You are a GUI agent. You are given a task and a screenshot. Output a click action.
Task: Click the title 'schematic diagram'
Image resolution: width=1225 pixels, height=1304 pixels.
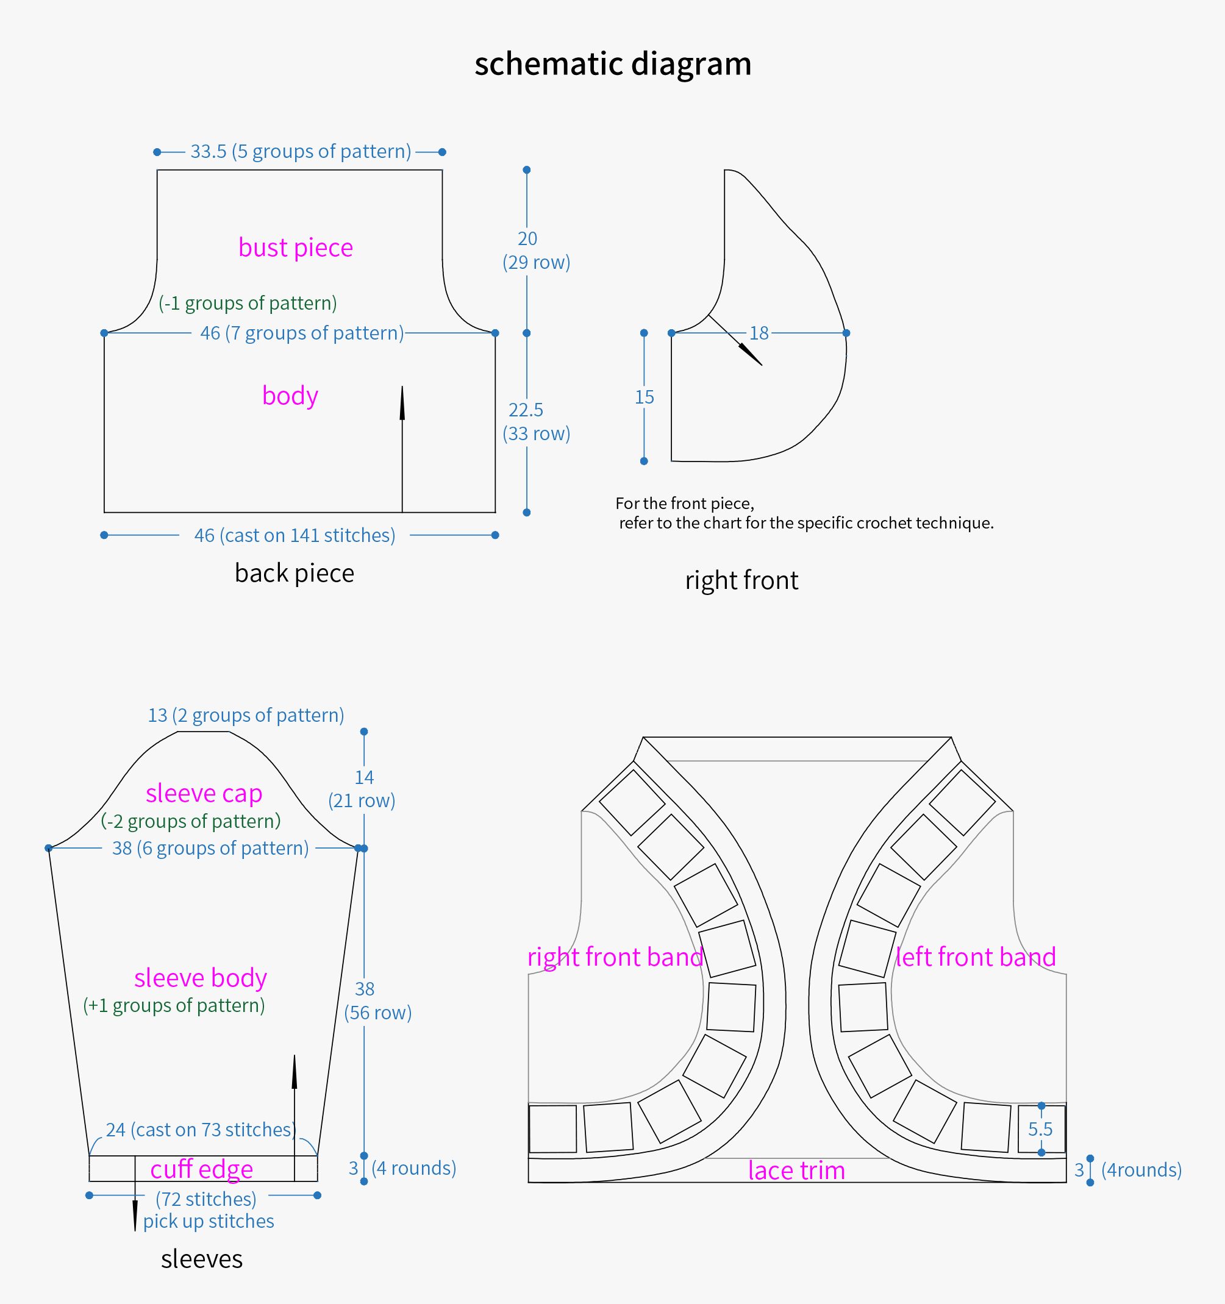point(613,64)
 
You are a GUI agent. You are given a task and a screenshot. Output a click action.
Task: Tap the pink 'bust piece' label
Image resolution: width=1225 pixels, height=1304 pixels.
point(295,248)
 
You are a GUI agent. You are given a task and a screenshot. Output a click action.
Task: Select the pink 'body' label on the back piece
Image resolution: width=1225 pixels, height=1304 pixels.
point(290,396)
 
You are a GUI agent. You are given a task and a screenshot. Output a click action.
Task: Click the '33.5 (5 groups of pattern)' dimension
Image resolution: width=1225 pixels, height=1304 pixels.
point(301,152)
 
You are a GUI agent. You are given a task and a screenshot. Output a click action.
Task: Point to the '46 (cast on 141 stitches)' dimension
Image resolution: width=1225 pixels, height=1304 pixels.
point(295,535)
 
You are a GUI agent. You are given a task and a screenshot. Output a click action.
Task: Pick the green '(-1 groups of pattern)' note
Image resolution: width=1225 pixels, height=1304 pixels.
point(248,303)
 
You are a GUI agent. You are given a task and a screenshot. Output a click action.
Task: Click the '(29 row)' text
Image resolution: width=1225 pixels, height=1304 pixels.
point(536,262)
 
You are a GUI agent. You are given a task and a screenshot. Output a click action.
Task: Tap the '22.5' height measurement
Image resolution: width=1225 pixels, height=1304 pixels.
point(526,410)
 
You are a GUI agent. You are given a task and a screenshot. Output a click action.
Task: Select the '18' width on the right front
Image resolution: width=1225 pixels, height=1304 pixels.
point(759,333)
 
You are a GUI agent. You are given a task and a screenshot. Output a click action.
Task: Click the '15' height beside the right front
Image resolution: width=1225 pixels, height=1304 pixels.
point(645,397)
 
